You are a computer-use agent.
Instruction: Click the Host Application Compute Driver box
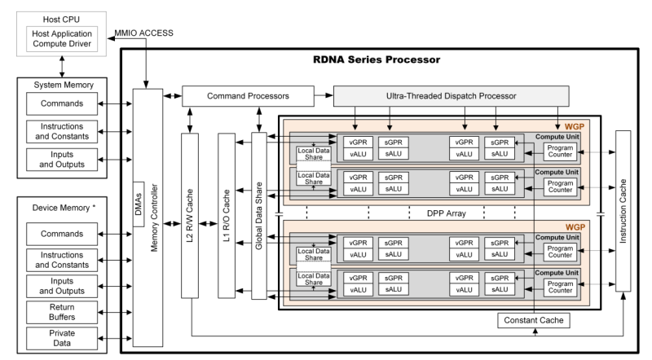point(62,38)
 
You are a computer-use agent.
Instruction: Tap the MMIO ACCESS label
point(144,33)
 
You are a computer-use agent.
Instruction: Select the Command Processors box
point(248,96)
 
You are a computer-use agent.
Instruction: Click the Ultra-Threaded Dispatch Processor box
point(452,96)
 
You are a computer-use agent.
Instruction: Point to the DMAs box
point(139,204)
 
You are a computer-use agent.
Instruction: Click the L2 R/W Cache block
point(190,215)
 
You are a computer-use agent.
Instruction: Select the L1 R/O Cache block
point(227,215)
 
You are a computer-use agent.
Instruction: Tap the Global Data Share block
point(259,216)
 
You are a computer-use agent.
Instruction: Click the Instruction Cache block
point(623,211)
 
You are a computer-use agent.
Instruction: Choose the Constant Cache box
point(534,321)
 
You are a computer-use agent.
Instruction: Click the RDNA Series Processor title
point(377,59)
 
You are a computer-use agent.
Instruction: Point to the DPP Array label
point(446,213)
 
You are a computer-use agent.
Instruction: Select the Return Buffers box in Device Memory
point(62,312)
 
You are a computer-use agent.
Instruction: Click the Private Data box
point(62,338)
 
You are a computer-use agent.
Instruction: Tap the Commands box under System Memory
point(62,103)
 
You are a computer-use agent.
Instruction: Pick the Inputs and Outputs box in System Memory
point(62,159)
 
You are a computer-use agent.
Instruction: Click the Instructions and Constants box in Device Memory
point(62,260)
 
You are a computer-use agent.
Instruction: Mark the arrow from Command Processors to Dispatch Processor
point(324,95)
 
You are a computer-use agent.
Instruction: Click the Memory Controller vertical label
point(154,217)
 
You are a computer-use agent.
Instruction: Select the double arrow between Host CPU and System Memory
point(62,67)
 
